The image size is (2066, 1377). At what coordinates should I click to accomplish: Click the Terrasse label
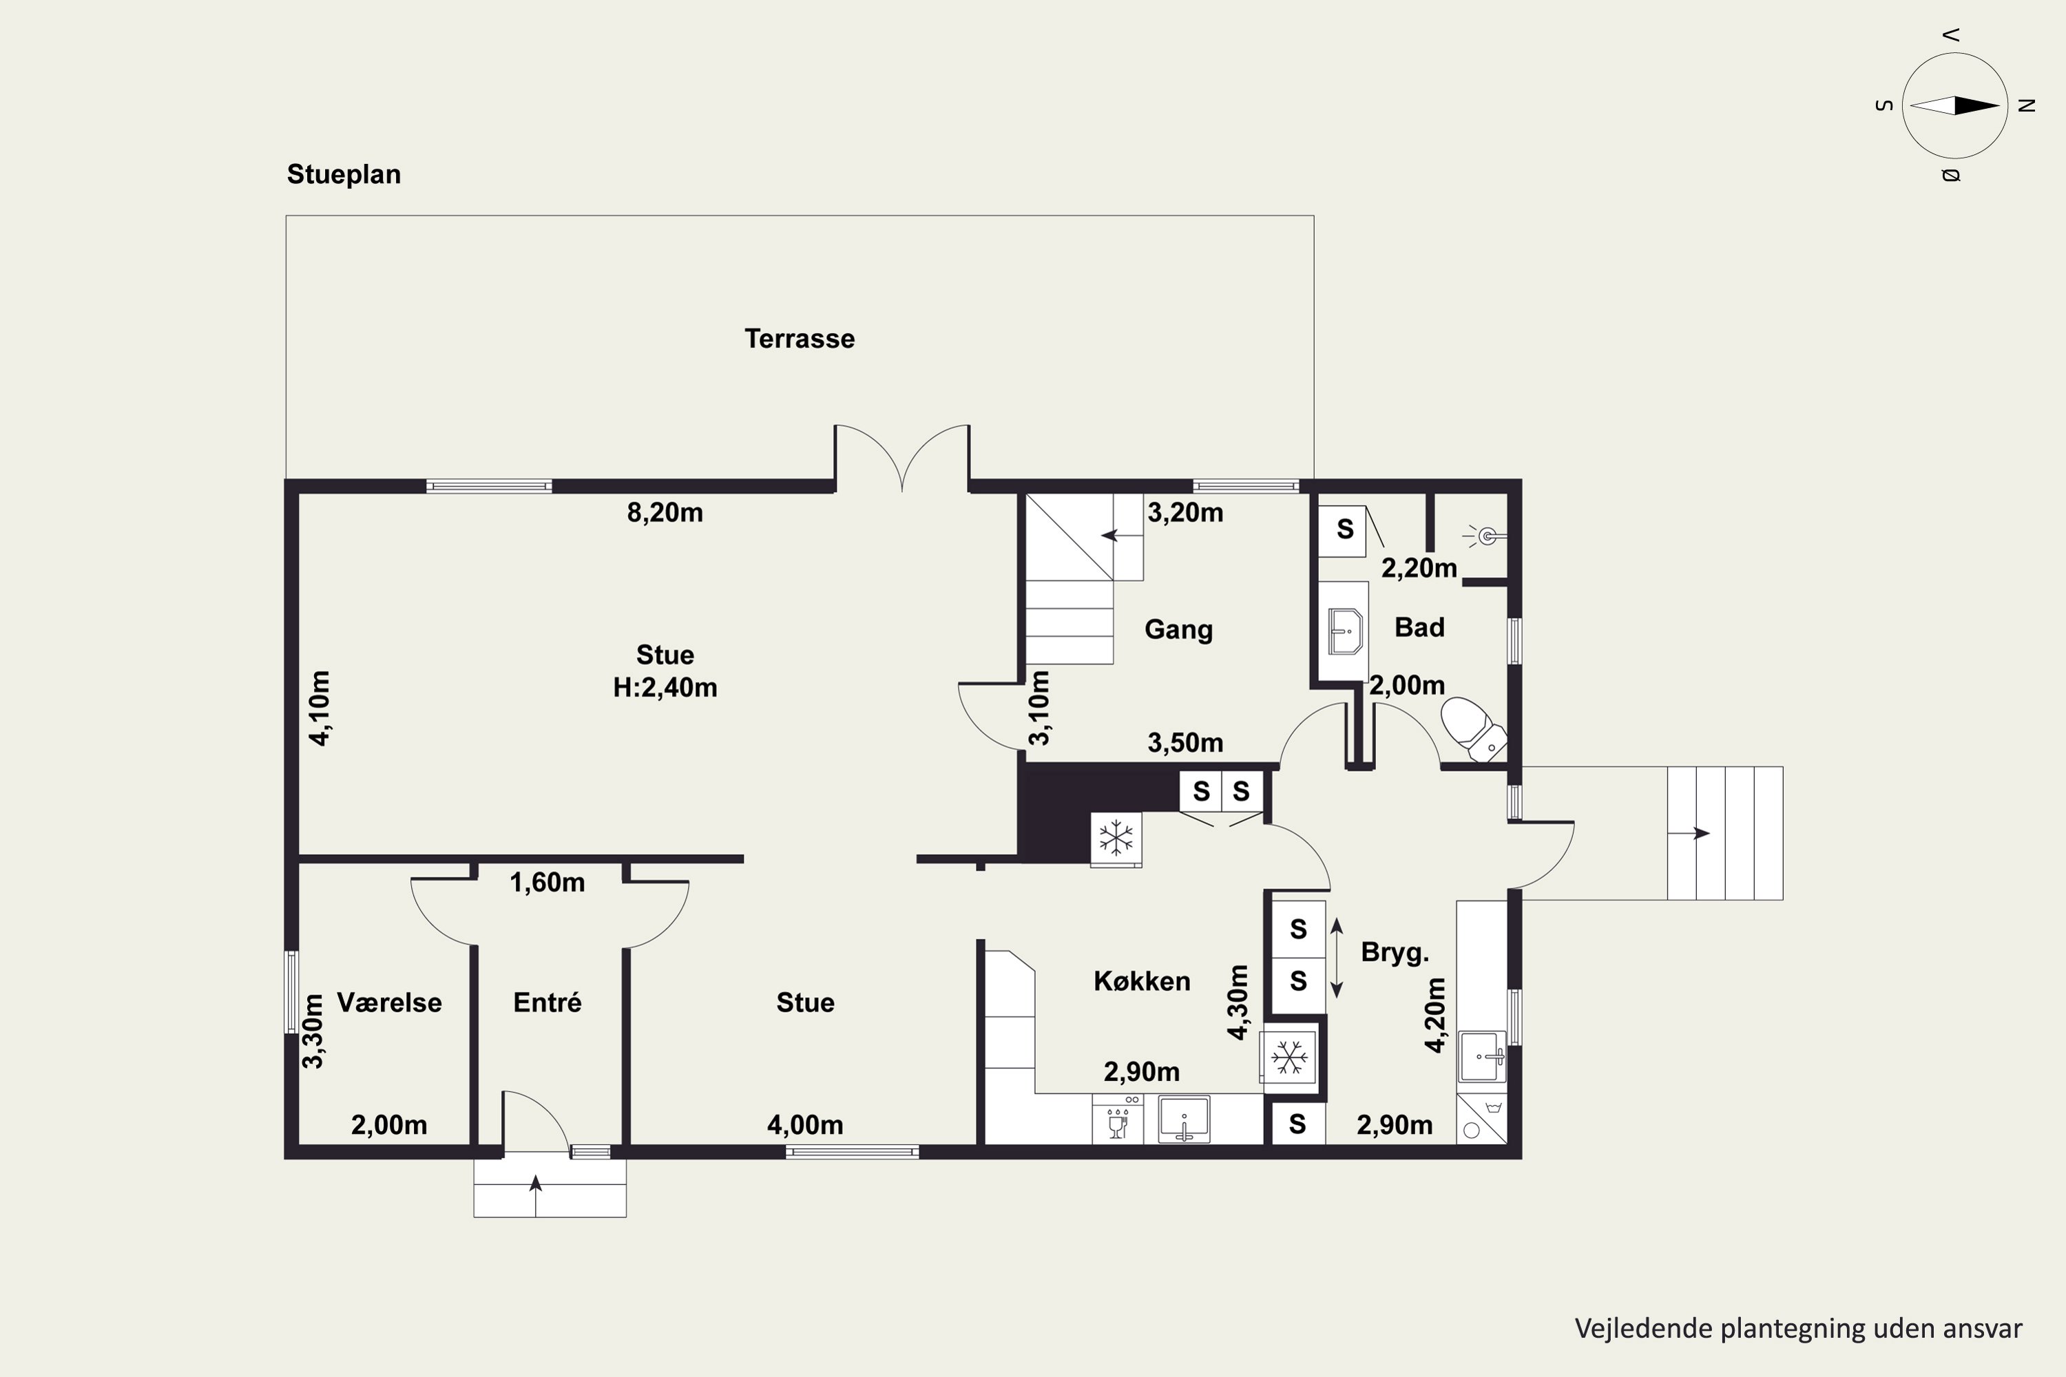tap(800, 339)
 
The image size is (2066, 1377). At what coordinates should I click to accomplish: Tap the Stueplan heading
tap(344, 175)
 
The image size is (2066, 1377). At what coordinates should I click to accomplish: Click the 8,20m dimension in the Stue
tap(665, 513)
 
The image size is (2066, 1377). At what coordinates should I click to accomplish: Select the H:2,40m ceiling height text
tap(665, 688)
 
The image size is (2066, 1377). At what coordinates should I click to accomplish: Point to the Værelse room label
tap(389, 1003)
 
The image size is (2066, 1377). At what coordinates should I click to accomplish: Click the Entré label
tap(547, 1003)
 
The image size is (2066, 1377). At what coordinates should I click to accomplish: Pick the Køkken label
tap(1142, 981)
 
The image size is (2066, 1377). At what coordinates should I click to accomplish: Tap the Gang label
tap(1178, 630)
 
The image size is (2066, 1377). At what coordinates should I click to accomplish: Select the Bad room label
tap(1419, 627)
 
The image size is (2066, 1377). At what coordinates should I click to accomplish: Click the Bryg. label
tap(1395, 952)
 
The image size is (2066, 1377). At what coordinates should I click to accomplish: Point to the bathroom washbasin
tap(1345, 631)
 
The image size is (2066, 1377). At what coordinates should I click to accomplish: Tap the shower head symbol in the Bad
tap(1486, 536)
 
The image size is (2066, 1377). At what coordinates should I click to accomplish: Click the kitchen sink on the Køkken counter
tap(1184, 1120)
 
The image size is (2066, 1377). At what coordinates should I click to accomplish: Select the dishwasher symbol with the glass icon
tap(1117, 1119)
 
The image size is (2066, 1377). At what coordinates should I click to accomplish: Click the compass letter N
tap(2027, 105)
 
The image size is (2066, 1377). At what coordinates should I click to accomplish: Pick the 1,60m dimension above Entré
tap(547, 883)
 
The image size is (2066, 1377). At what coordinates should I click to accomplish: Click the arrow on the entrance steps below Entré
tap(536, 1184)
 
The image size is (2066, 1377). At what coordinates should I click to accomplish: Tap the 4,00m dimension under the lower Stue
tap(806, 1125)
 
